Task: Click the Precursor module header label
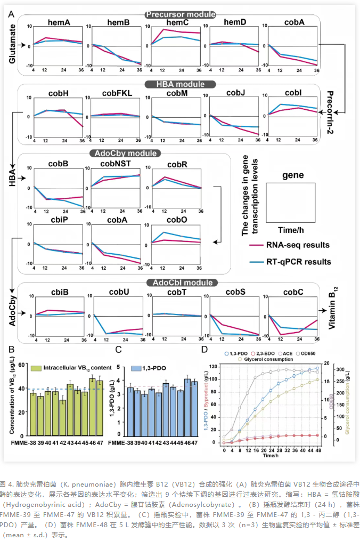180,14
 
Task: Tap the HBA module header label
180,84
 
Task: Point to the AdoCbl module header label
180,282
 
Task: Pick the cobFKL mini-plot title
117,93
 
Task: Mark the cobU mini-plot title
117,292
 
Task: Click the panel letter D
204,349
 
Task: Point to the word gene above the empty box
293,175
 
